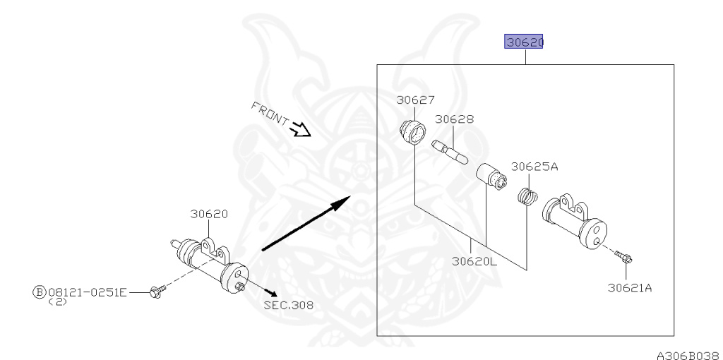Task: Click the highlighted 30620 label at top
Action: (x=523, y=42)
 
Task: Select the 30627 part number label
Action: (x=415, y=100)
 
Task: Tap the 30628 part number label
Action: (x=454, y=119)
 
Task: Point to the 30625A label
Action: (x=534, y=167)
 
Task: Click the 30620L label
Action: (x=474, y=261)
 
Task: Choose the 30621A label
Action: (x=630, y=288)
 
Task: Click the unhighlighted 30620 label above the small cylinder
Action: (x=209, y=214)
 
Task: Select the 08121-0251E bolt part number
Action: (x=87, y=292)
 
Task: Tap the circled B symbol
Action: (x=40, y=292)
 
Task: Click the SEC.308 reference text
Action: (x=289, y=305)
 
